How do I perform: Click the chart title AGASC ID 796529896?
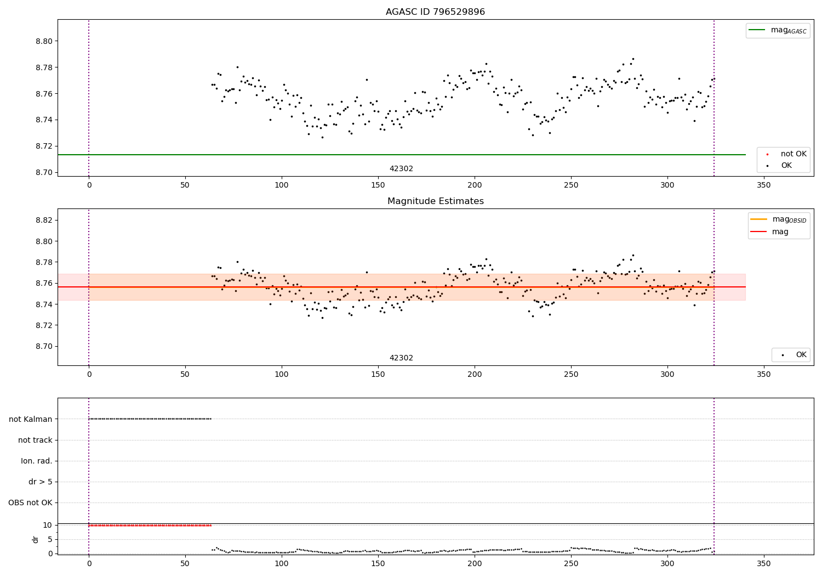[x=435, y=12]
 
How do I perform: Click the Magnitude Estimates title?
[x=435, y=201]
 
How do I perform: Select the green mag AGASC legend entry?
[x=778, y=30]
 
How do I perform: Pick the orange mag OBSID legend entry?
[x=778, y=219]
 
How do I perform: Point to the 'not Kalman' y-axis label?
[x=31, y=419]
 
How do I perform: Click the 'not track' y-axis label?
[x=35, y=440]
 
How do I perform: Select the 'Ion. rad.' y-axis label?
[x=37, y=461]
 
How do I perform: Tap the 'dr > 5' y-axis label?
[x=41, y=482]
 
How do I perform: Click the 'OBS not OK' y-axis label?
[x=30, y=502]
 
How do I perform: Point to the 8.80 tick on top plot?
[x=44, y=41]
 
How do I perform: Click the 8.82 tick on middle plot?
[x=44, y=220]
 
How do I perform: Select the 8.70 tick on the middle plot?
[x=44, y=346]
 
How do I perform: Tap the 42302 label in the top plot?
[x=401, y=168]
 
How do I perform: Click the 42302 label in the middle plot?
[x=401, y=358]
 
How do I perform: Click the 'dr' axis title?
[x=36, y=539]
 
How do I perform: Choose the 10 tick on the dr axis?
[x=47, y=525]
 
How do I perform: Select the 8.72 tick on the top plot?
[x=44, y=146]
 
